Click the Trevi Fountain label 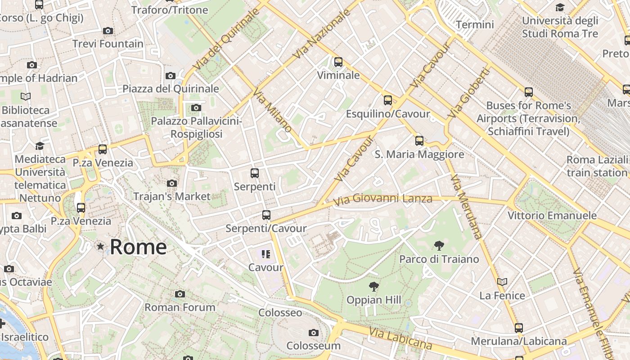point(108,44)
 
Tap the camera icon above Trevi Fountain point(108,31)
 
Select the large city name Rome point(138,247)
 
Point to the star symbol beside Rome point(100,246)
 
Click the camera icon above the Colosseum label point(314,333)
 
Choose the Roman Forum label point(180,307)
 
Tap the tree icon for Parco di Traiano point(439,246)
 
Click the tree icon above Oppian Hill point(373,287)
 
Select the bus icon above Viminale point(338,62)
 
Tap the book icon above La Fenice point(502,282)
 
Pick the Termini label point(475,25)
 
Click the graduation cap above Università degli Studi point(560,8)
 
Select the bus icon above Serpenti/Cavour point(266,215)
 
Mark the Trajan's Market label point(172,196)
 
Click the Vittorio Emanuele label point(552,216)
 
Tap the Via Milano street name point(272,111)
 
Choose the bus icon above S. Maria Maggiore point(419,141)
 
